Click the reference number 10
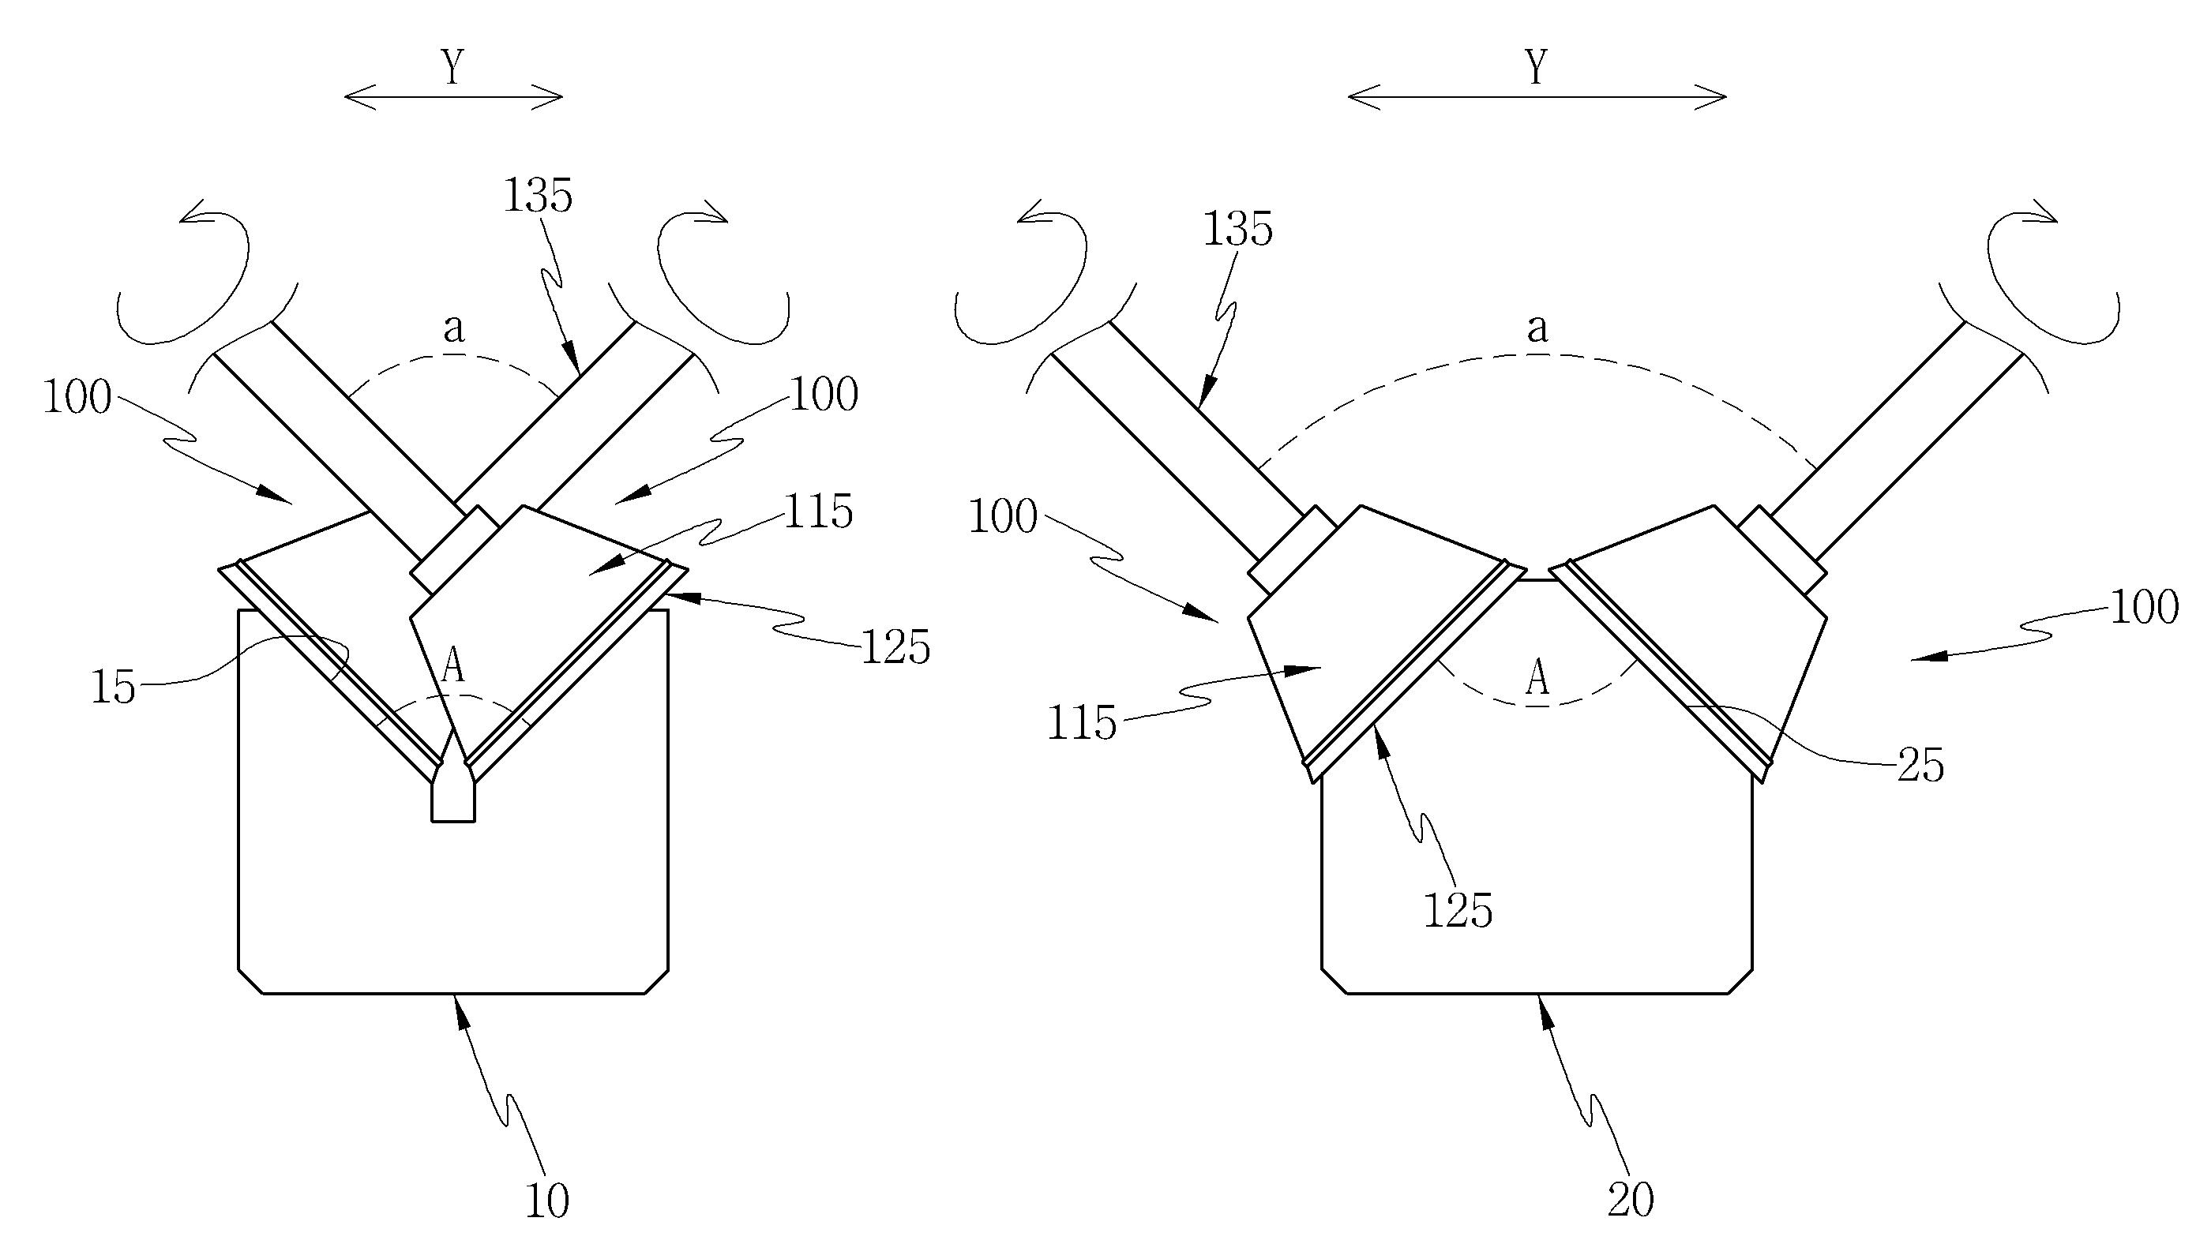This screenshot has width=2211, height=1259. coord(547,1201)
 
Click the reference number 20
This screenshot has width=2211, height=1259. coord(1631,1201)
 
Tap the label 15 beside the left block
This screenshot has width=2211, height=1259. coord(114,688)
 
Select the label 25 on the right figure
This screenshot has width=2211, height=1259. coord(1920,765)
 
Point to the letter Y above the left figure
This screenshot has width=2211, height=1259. coord(452,66)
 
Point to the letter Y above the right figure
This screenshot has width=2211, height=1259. coord(1537,66)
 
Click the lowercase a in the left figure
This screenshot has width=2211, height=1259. coord(453,328)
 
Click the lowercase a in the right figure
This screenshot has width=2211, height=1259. coord(1537,328)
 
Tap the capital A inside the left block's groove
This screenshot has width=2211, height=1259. coord(453,666)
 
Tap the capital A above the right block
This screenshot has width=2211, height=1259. coord(1537,678)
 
